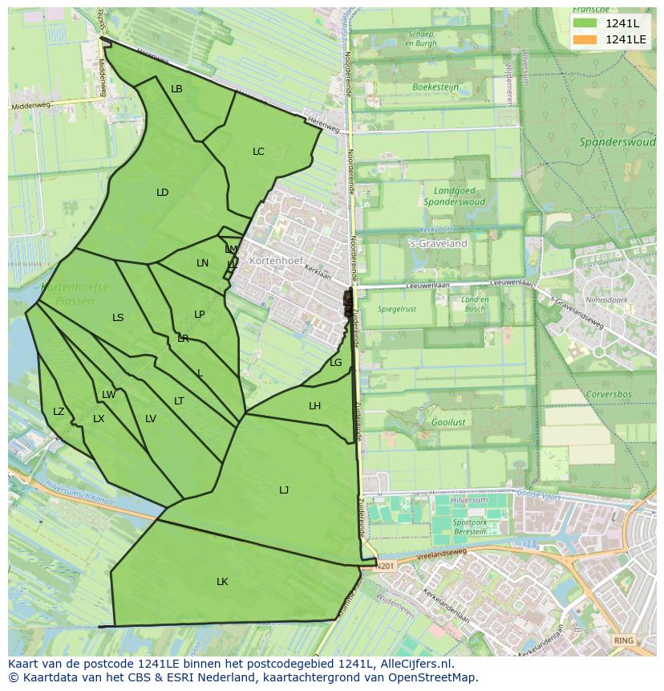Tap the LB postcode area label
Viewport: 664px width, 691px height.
176,89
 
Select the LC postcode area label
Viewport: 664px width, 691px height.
258,152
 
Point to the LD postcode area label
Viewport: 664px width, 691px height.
163,193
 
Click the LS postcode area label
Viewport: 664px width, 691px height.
118,318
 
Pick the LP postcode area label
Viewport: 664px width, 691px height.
200,315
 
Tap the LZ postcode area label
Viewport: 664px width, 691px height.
59,412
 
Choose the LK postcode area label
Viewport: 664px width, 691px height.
222,582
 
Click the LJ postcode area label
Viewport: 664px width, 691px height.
284,490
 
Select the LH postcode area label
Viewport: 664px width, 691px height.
314,406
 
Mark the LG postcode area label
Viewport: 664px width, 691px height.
336,363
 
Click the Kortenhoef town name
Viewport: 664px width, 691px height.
273,262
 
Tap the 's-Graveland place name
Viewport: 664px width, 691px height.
438,244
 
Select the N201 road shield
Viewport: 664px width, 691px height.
387,565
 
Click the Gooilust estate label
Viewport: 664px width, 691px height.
426,421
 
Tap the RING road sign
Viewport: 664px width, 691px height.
622,640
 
